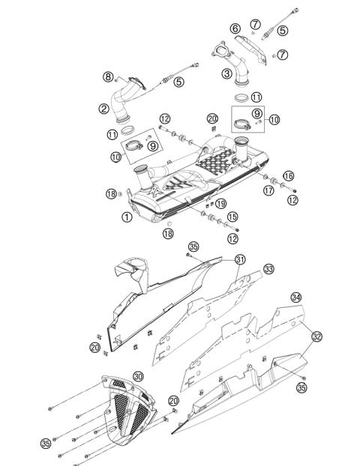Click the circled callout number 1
click(127, 217)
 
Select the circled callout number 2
click(104, 109)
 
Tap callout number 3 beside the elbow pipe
click(226, 73)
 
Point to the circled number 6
click(235, 28)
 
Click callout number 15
click(232, 217)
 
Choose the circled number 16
click(288, 175)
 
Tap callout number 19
click(220, 203)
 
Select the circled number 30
click(138, 376)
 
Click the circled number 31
click(239, 259)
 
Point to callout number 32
click(317, 336)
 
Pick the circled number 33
click(268, 269)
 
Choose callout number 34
click(296, 297)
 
